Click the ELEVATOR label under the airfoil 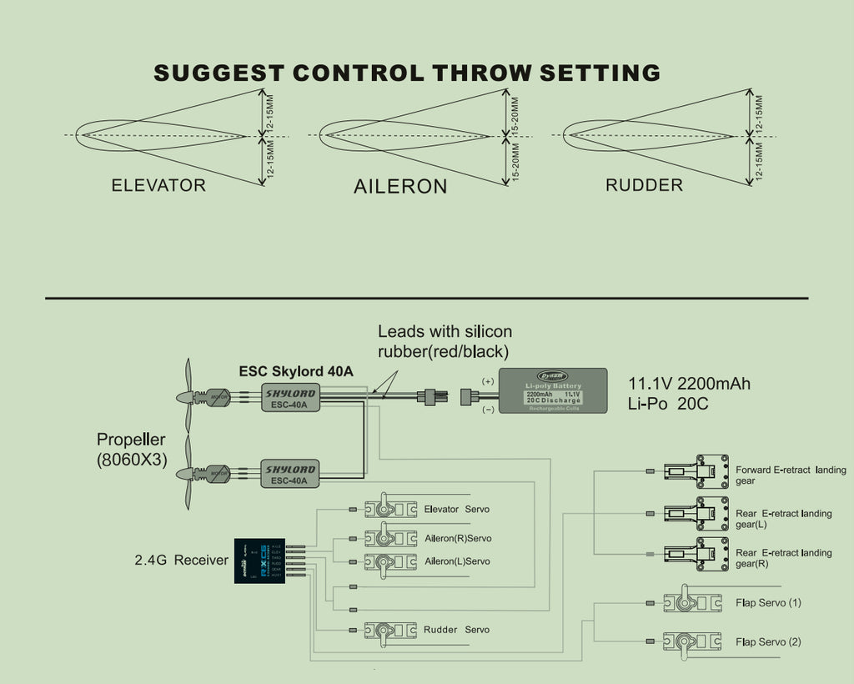coord(158,185)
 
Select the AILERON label coord(400,186)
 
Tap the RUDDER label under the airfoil coord(644,185)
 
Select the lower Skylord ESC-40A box coord(289,474)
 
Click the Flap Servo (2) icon coord(691,641)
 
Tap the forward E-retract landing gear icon coord(691,470)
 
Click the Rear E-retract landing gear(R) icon coord(691,553)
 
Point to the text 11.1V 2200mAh coord(688,385)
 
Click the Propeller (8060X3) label coord(131,449)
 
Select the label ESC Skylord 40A coord(295,371)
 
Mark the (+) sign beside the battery coord(488,380)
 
